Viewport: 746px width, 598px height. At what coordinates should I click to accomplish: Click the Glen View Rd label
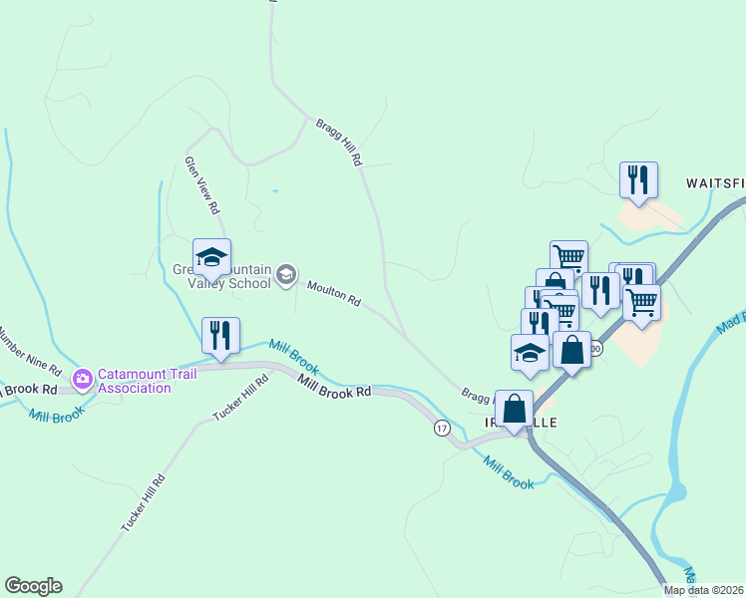(201, 185)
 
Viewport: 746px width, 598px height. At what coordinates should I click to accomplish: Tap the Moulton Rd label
(333, 293)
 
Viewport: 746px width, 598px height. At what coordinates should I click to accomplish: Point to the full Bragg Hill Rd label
(339, 142)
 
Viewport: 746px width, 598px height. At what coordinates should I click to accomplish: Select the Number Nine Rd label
(30, 348)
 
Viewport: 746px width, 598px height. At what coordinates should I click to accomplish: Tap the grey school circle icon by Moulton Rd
(286, 275)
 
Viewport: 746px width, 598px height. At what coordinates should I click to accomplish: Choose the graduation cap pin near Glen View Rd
(211, 258)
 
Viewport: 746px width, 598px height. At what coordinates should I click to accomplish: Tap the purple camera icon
(82, 378)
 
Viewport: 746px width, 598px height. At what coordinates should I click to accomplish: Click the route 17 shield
(441, 428)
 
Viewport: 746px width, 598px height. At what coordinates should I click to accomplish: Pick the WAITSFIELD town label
(714, 184)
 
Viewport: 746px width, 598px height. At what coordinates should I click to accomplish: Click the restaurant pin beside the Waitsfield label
(635, 180)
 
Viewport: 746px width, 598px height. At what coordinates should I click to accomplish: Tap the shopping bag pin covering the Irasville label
(514, 409)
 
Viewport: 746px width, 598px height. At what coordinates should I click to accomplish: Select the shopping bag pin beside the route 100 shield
(571, 351)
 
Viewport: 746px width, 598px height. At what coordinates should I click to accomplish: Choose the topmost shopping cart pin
(568, 258)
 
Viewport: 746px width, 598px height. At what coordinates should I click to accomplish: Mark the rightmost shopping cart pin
(642, 301)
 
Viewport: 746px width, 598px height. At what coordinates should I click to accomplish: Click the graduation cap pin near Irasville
(530, 353)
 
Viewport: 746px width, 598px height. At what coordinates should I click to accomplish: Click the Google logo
(33, 586)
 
